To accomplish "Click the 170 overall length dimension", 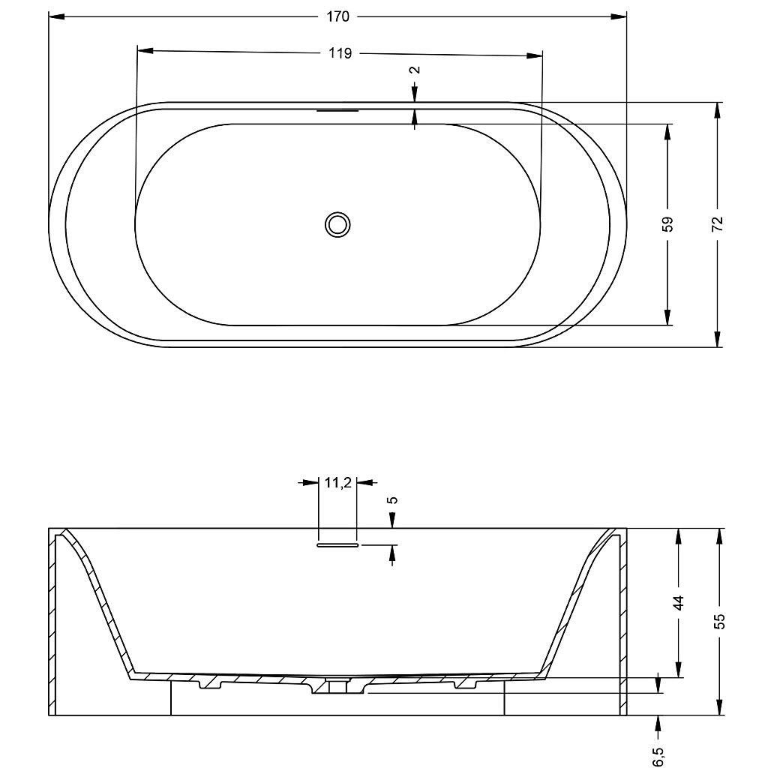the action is (338, 16).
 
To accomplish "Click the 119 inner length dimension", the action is (340, 53).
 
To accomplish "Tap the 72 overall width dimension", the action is (718, 224).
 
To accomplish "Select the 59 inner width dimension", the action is (668, 224).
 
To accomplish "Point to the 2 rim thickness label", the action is (415, 69).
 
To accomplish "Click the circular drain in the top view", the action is (337, 225).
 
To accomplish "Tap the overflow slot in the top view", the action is (337, 110).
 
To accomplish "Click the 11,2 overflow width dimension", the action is (338, 482).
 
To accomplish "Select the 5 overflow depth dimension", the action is (393, 499).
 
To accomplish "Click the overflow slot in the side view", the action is (337, 544).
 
